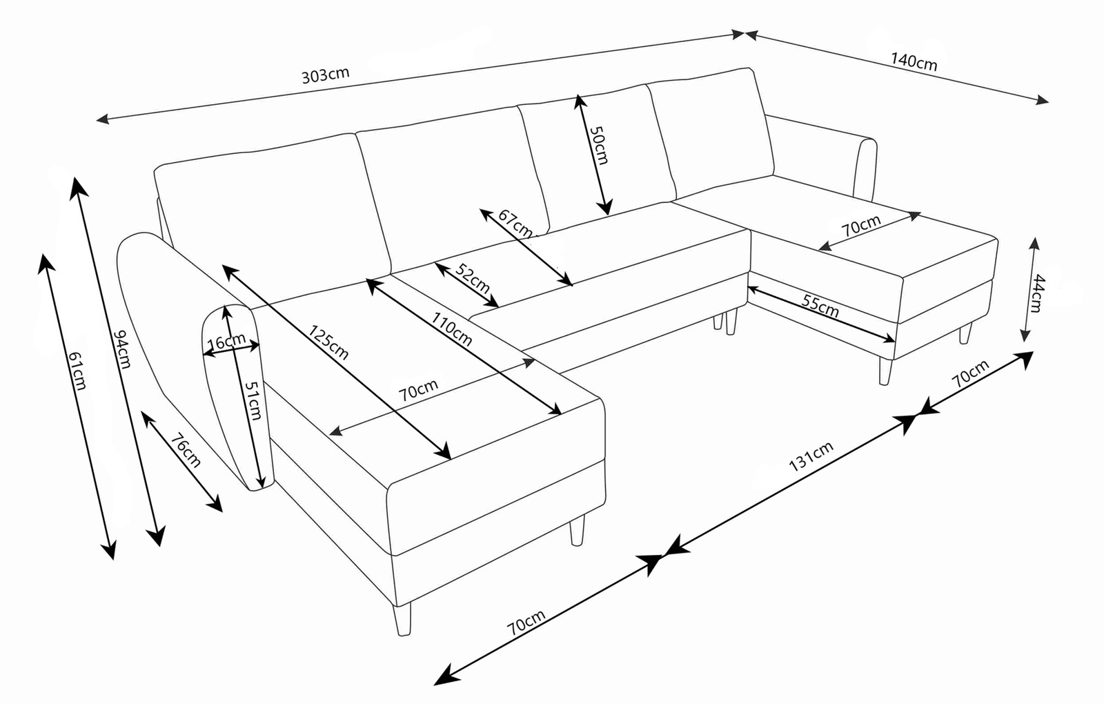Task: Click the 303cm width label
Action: point(325,74)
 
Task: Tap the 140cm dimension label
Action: point(914,61)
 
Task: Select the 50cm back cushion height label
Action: point(598,146)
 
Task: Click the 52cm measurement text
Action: point(473,278)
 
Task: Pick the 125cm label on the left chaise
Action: point(328,342)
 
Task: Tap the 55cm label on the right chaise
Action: point(820,304)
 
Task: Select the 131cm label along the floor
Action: point(811,457)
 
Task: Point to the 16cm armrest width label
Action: point(226,340)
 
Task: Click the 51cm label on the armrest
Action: point(253,400)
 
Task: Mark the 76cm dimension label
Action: point(185,450)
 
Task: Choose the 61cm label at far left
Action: point(77,371)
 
